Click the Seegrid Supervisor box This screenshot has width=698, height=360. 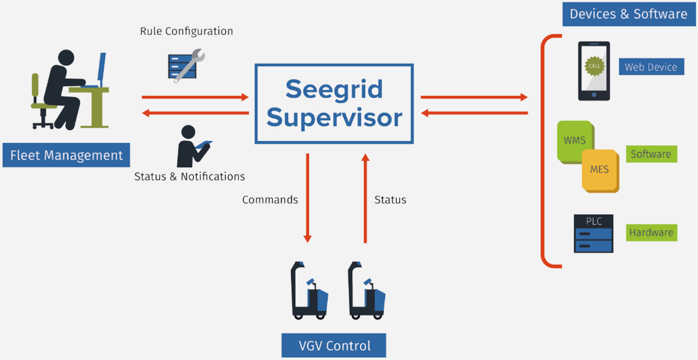pos(334,104)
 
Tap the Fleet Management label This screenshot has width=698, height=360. pos(66,155)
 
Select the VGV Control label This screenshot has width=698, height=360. pos(334,345)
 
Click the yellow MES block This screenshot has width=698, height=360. pos(600,170)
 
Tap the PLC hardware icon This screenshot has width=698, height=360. pos(593,234)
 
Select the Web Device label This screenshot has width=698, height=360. pos(651,67)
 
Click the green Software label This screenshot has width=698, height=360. pos(651,154)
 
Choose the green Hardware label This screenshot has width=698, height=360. pos(651,233)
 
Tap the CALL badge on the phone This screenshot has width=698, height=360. pos(594,66)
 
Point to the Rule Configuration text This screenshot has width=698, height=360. pos(186,31)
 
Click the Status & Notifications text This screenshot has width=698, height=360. pos(190,176)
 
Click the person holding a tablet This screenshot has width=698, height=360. pos(192,147)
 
